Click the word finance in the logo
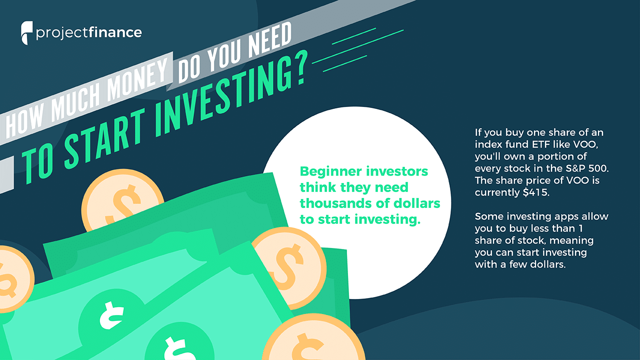[x=115, y=32]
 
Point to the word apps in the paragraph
[x=563, y=217]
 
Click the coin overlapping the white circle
[x=290, y=267]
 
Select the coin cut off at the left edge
[x=14, y=278]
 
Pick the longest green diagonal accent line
[x=357, y=46]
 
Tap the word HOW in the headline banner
[x=24, y=122]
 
